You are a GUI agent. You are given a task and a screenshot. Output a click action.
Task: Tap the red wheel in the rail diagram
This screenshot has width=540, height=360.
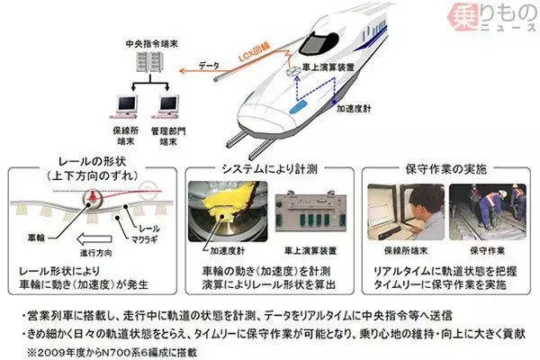[x=92, y=197]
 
